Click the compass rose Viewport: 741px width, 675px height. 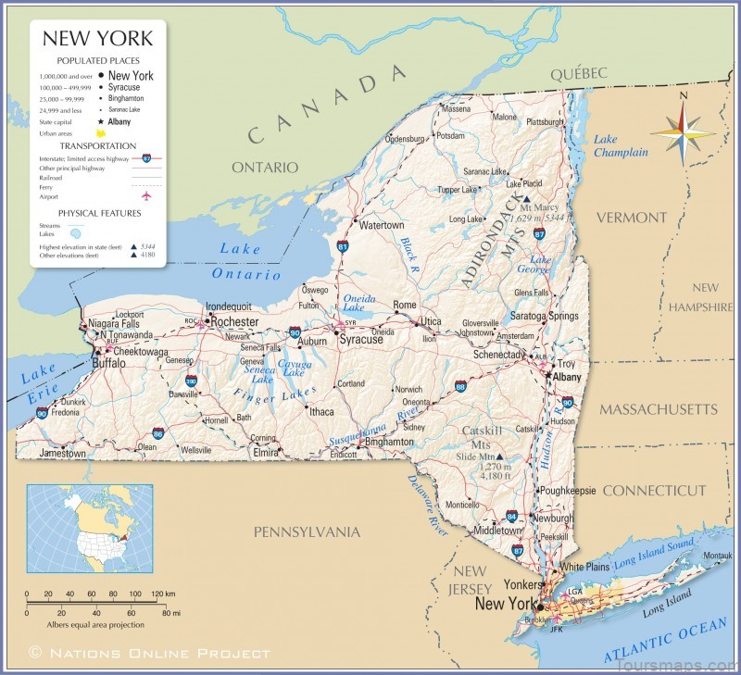(683, 131)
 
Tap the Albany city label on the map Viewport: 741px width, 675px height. (567, 378)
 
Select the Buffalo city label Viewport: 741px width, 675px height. (108, 364)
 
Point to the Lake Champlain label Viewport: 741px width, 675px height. (620, 146)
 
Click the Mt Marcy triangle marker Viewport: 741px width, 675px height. (526, 199)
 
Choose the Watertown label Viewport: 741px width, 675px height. (382, 225)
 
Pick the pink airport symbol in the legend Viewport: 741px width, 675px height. (145, 196)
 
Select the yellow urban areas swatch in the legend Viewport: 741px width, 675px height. (114, 133)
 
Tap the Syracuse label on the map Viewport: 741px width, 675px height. (360, 340)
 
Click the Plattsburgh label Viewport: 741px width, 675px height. (545, 121)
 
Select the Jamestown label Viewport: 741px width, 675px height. (63, 454)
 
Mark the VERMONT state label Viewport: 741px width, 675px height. (631, 218)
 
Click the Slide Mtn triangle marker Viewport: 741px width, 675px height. (499, 456)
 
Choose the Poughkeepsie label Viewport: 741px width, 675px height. (568, 490)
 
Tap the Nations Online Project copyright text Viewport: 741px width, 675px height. (150, 653)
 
